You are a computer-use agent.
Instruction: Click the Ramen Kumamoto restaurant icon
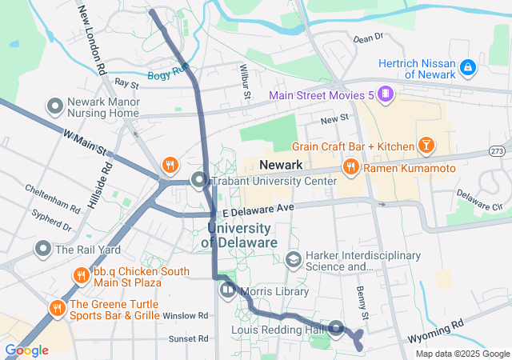coord(350,167)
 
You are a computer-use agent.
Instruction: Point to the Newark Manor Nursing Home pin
coord(55,106)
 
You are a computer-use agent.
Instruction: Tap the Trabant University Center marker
coord(198,181)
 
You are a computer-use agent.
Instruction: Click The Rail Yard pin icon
coord(43,249)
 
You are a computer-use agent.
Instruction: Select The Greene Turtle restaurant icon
coord(57,308)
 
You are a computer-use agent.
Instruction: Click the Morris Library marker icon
coord(227,289)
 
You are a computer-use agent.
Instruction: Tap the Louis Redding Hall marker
coord(337,328)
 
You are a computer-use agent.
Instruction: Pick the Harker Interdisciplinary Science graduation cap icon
coord(294,260)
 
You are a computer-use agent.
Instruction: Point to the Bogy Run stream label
coord(167,75)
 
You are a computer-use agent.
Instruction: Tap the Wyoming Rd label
coord(436,327)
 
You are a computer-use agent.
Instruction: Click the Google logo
coord(26,350)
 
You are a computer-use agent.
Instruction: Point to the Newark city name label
coord(281,165)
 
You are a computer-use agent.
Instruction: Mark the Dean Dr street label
coord(368,38)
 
